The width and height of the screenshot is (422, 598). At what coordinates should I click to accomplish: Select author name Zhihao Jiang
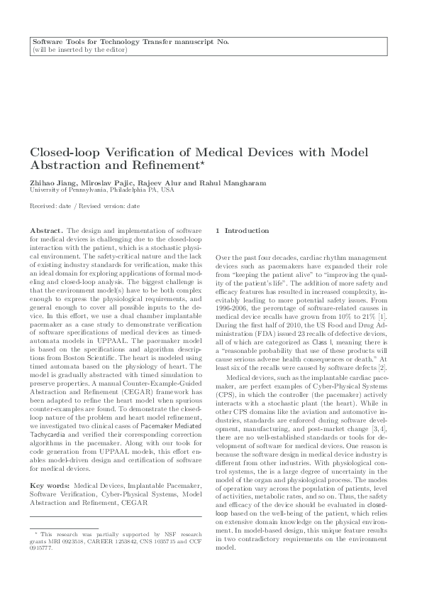49,183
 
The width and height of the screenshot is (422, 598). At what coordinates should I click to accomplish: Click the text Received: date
46,205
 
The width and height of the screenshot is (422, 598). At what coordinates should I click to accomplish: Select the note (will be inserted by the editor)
80,50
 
